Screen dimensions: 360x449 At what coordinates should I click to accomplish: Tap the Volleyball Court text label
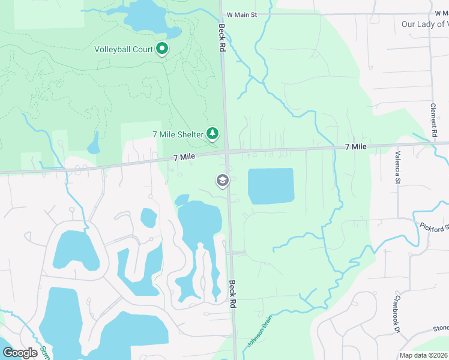pos(124,49)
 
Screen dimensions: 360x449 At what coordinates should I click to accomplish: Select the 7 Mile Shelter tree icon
pos(212,134)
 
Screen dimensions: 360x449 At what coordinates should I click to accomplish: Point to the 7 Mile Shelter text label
pos(178,134)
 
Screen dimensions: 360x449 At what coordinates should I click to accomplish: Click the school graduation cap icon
pos(222,181)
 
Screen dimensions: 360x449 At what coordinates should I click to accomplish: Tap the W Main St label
pos(242,14)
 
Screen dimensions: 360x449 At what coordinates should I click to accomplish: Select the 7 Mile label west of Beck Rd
pos(185,157)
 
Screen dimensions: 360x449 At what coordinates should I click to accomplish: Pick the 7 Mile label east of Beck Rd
pos(356,147)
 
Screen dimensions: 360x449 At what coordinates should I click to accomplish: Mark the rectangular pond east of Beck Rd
pos(271,186)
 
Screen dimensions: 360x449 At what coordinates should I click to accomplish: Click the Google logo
pos(20,353)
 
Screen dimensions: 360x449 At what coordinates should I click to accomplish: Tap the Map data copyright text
pos(423,355)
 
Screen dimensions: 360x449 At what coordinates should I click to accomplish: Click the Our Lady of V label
pos(424,24)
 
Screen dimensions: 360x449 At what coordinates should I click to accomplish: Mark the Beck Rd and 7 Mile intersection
pos(228,152)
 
